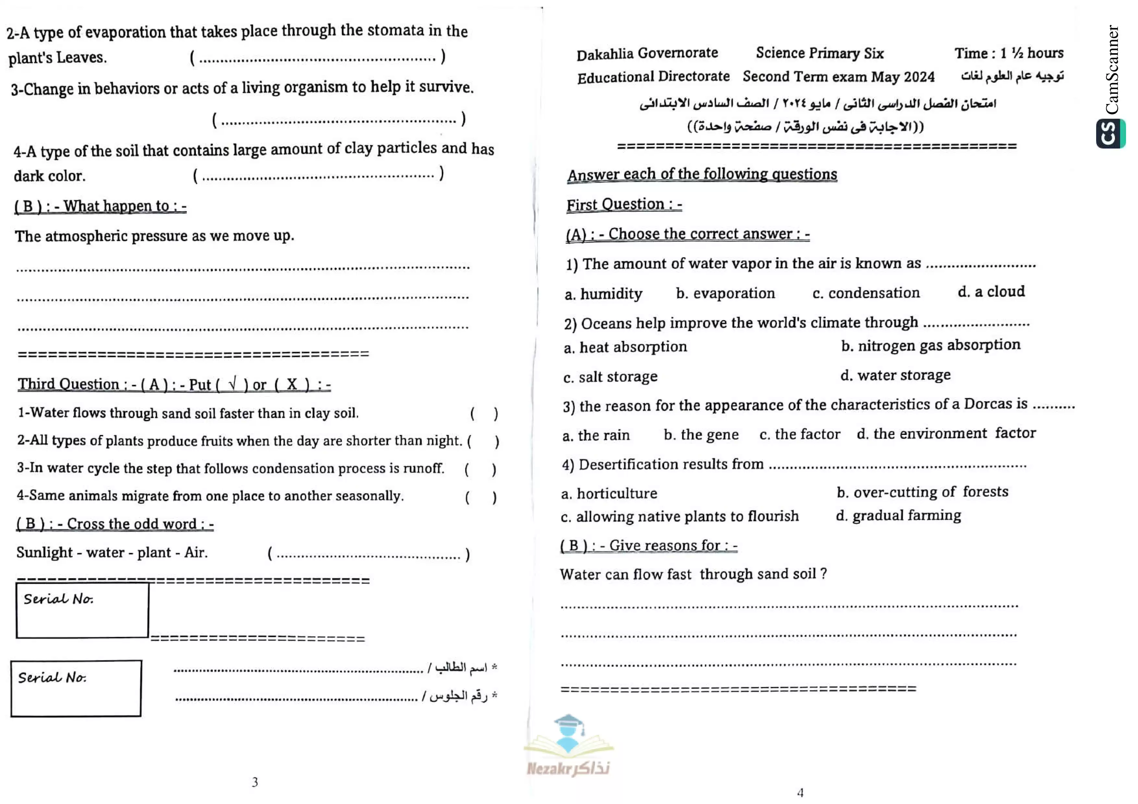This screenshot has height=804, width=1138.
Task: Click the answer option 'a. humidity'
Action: (x=603, y=294)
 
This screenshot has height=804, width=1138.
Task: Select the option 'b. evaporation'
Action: (x=725, y=293)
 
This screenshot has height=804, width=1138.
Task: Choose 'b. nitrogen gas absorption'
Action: (x=930, y=345)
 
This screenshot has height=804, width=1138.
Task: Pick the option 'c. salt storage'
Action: (x=610, y=377)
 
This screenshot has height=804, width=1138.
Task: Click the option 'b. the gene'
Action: (x=701, y=435)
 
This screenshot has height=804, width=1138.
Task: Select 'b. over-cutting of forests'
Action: (x=922, y=492)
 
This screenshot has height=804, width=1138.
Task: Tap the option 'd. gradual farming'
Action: (x=898, y=516)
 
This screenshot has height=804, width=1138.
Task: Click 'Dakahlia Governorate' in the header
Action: (x=647, y=54)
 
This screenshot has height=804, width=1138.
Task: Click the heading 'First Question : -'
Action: (x=624, y=205)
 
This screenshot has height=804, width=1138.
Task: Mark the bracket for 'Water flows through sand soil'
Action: (x=484, y=414)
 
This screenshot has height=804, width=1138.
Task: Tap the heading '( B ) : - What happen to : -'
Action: (x=100, y=206)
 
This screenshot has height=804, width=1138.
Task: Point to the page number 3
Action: (x=255, y=782)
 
